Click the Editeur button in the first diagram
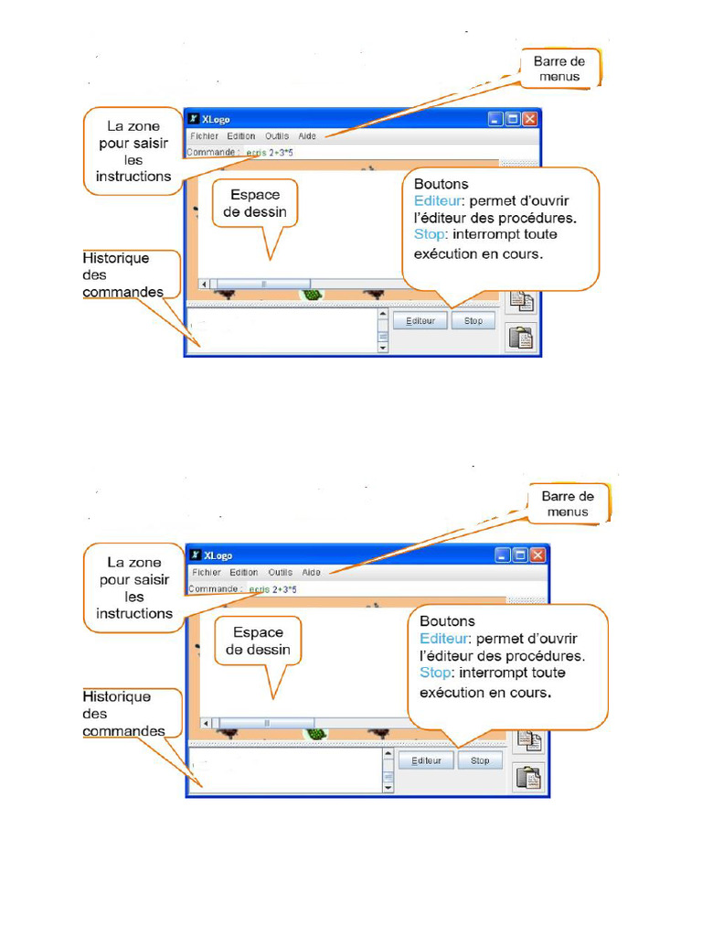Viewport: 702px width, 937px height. pyautogui.click(x=420, y=321)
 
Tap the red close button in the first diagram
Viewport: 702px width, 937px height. pyautogui.click(x=529, y=119)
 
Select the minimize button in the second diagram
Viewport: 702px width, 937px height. pyautogui.click(x=502, y=555)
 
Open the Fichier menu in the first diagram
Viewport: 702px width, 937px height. pyautogui.click(x=204, y=136)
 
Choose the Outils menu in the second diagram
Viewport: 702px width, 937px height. pyautogui.click(x=280, y=572)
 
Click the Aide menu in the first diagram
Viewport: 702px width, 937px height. pyautogui.click(x=307, y=136)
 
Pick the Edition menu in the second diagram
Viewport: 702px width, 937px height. pyautogui.click(x=244, y=572)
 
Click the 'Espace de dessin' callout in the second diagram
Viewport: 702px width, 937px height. pyautogui.click(x=258, y=641)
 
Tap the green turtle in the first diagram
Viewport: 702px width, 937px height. pyautogui.click(x=313, y=295)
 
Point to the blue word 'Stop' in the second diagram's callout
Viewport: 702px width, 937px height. pyautogui.click(x=435, y=673)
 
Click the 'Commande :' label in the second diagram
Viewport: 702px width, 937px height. pyautogui.click(x=216, y=589)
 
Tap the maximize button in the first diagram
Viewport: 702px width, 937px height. pyautogui.click(x=512, y=119)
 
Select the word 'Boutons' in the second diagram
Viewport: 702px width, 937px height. pyautogui.click(x=448, y=621)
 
